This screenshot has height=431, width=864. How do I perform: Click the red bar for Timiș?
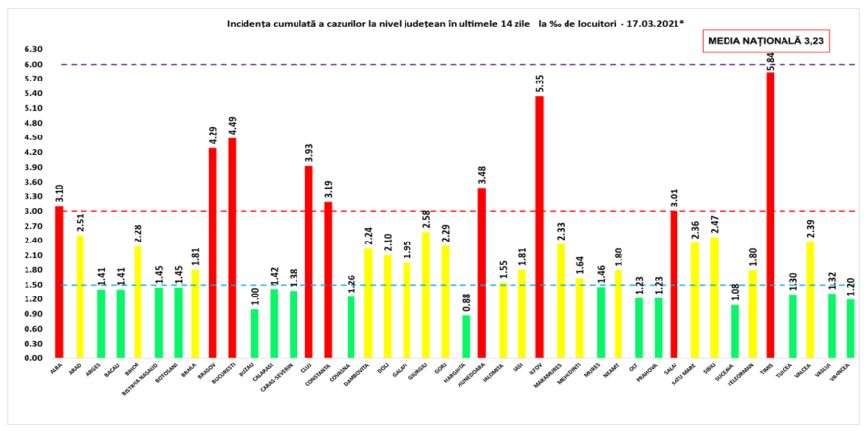pos(770,216)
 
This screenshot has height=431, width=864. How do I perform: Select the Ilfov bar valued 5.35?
pos(539,227)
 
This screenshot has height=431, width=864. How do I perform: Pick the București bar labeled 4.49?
pos(232,248)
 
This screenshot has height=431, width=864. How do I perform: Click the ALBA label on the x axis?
pos(57,370)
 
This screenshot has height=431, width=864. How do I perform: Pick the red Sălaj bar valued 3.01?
pos(674,285)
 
